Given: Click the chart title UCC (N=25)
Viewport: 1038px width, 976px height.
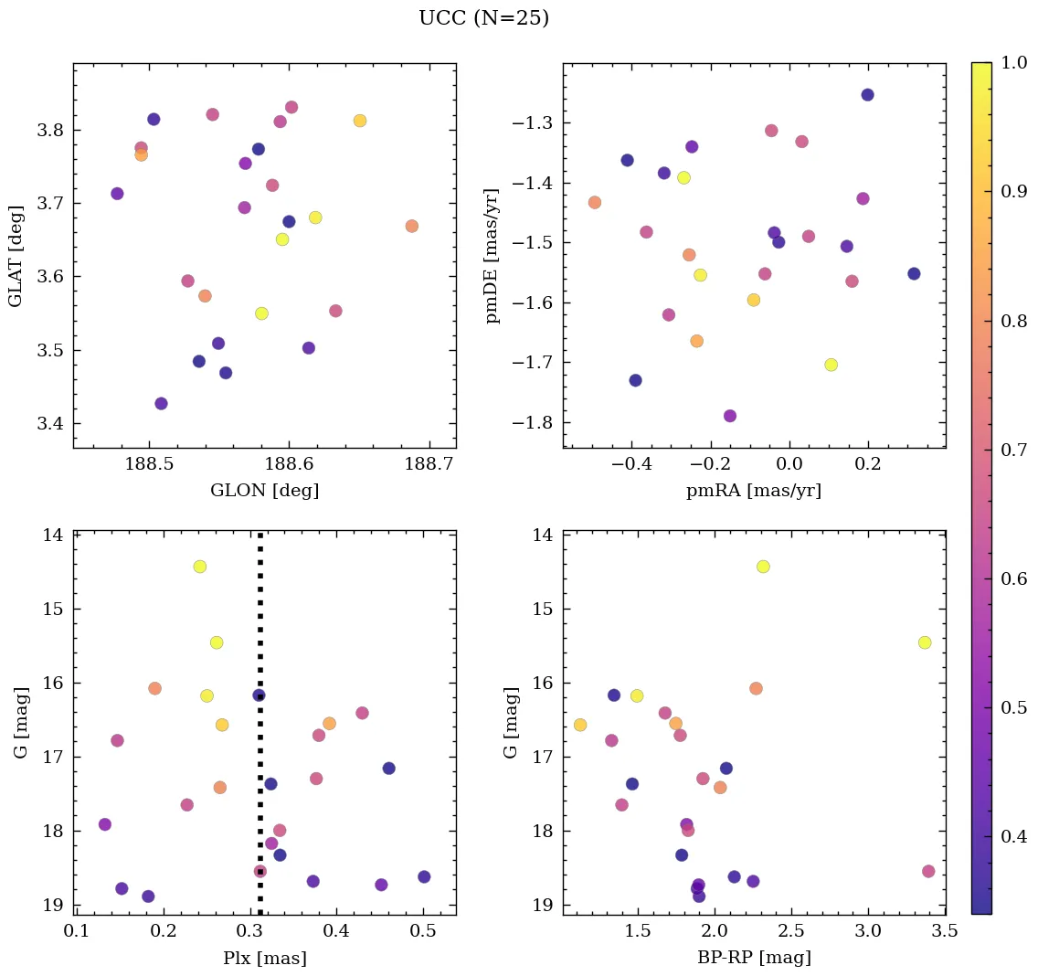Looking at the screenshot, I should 483,18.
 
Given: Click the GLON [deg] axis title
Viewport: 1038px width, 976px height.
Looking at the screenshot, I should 264,491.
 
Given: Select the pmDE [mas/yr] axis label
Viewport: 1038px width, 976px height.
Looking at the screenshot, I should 493,256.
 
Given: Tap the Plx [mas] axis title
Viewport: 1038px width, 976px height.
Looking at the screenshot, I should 264,958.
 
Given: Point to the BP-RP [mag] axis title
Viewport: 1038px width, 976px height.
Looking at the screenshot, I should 754,958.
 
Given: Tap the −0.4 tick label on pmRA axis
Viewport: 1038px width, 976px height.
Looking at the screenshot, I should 628,464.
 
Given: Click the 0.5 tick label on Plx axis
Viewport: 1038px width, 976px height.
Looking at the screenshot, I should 423,931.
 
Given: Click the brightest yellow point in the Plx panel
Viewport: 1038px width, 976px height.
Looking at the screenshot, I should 200,567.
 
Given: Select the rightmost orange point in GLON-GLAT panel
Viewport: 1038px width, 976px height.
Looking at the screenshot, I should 412,226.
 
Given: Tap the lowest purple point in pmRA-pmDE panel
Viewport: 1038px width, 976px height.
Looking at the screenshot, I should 730,416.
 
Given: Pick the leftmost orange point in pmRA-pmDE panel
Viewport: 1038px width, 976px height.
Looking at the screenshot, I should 595,202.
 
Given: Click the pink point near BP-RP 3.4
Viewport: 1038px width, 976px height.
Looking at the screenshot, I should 928,871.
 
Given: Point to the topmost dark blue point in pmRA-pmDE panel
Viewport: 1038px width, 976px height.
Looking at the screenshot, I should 867,95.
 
